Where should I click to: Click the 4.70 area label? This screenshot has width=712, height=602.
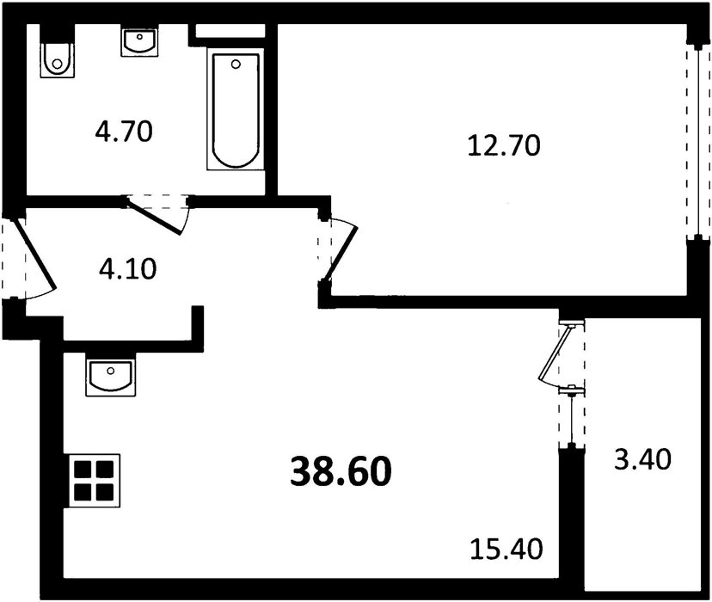(124, 132)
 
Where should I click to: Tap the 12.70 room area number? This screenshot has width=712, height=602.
(504, 145)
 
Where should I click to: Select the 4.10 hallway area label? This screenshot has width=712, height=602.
(127, 268)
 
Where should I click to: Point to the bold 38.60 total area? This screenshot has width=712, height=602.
(341, 470)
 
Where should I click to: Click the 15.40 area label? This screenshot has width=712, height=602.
(506, 549)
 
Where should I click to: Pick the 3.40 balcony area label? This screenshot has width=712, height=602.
(642, 459)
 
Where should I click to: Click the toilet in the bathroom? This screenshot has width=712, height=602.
(57, 60)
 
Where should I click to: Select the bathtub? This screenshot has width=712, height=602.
(236, 109)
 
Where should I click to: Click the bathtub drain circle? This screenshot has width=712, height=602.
(236, 64)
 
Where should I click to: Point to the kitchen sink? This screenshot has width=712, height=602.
(110, 378)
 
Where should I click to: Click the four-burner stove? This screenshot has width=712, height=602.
(94, 480)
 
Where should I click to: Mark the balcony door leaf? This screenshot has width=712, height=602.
(554, 353)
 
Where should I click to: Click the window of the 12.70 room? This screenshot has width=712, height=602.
(698, 140)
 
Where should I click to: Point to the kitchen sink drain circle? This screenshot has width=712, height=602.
(110, 371)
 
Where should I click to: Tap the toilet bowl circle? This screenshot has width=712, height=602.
(57, 64)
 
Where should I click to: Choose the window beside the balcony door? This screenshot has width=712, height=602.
(572, 419)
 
